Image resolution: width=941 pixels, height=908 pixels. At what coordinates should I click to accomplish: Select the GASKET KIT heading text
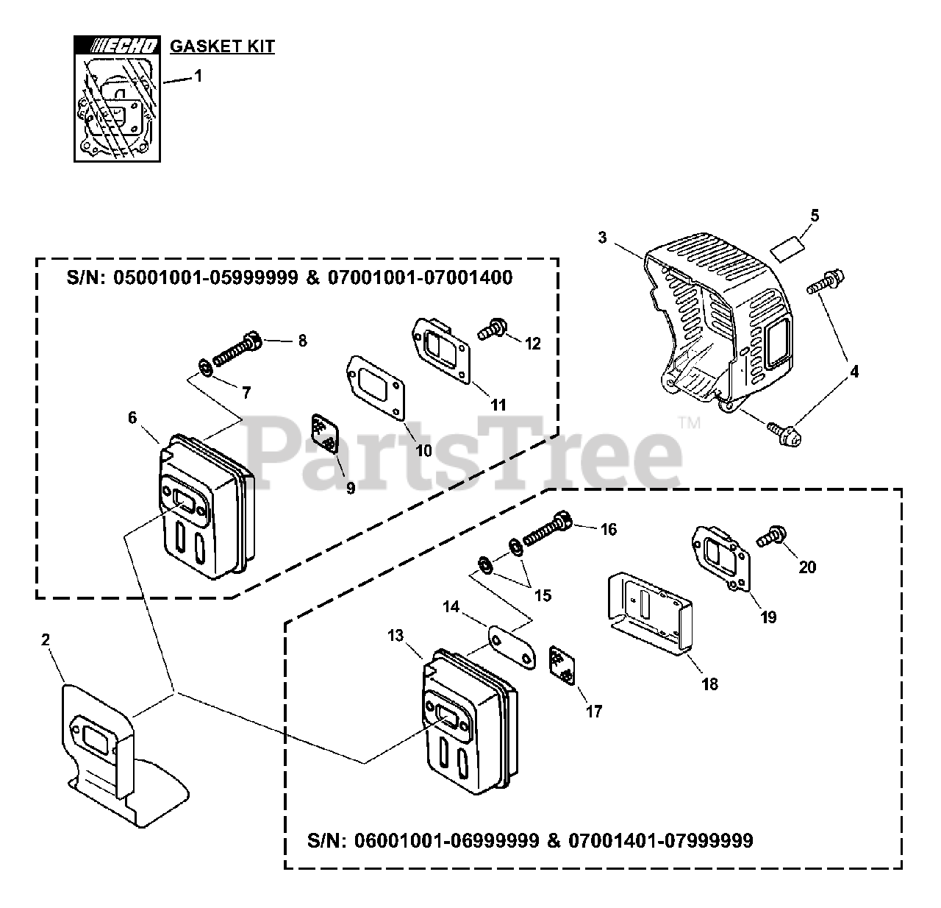click(x=222, y=46)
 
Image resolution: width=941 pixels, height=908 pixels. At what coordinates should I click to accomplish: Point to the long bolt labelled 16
click(x=548, y=535)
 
